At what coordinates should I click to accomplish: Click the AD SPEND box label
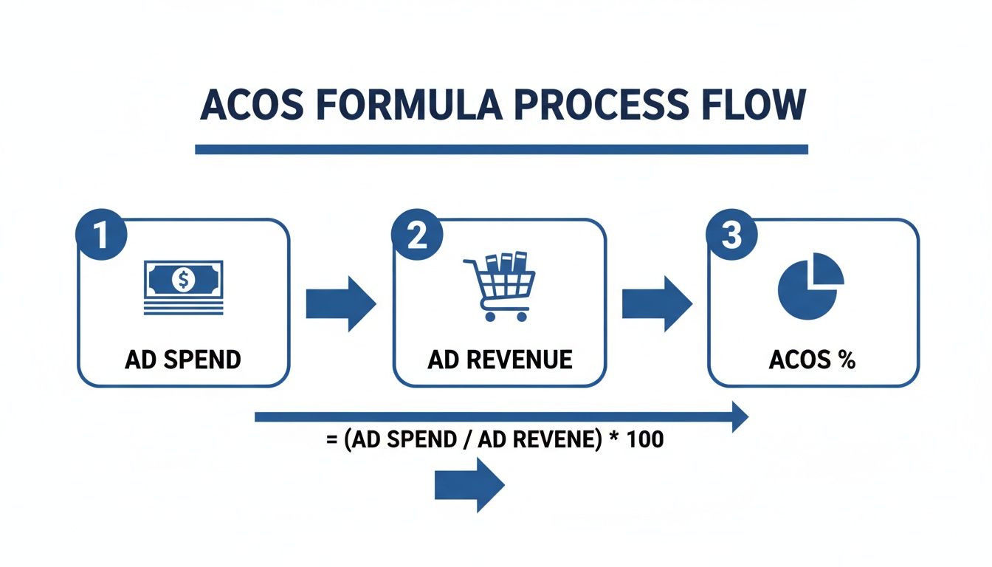pos(183,360)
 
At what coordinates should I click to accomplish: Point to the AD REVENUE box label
pos(500,360)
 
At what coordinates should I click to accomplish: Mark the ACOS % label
pos(812,360)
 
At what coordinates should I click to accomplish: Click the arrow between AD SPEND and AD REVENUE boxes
pos(340,303)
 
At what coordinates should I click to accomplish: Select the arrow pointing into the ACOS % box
pos(656,303)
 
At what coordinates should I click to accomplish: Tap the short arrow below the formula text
pos(469,484)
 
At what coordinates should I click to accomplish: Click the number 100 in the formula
pos(644,441)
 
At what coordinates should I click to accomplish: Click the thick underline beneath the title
pos(501,149)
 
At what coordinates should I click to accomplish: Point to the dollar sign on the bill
pos(182,279)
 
